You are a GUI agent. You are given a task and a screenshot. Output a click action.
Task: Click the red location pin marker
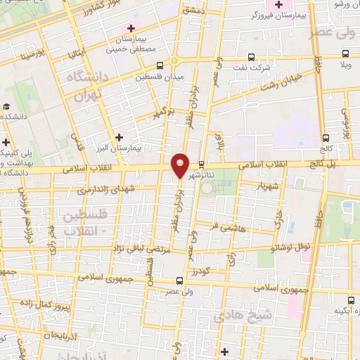(x=181, y=165)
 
